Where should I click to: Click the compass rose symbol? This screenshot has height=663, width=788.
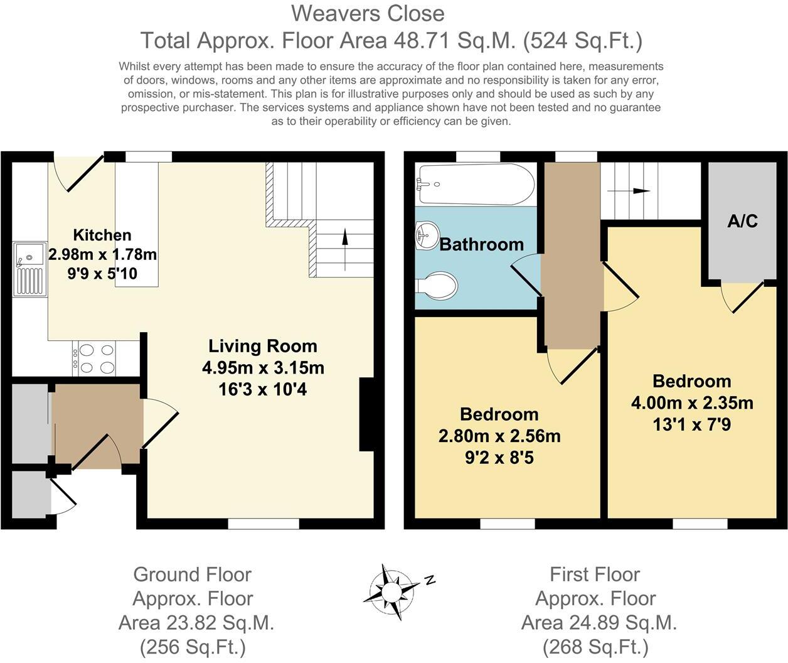point(393,591)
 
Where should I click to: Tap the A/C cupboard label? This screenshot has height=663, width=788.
point(742,221)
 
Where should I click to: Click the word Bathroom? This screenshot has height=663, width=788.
point(481,244)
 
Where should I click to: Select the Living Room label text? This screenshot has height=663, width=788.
point(262,346)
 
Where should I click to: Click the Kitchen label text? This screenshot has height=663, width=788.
point(102,235)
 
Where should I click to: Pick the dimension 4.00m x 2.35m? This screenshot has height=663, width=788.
point(692,403)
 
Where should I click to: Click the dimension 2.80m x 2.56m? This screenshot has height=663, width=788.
point(499,436)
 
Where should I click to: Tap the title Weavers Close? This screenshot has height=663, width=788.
point(368,13)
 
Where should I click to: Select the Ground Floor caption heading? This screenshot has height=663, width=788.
point(192,574)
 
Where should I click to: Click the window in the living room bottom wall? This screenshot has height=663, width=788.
point(263,524)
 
